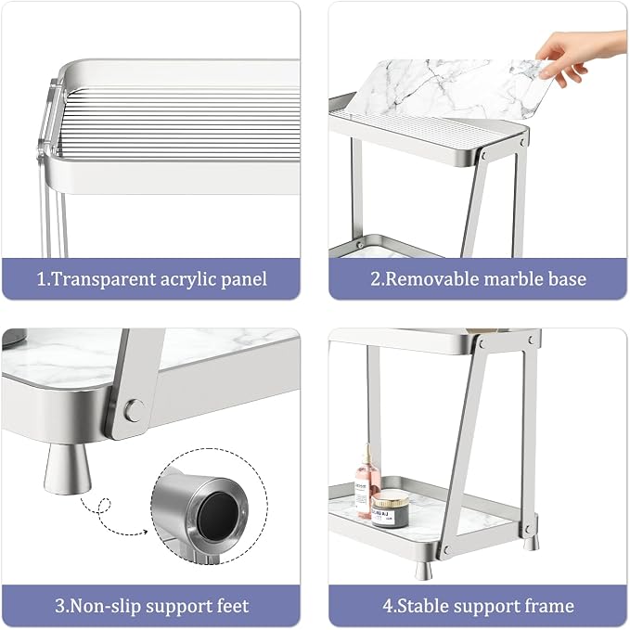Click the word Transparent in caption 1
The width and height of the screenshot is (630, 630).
[x=104, y=279]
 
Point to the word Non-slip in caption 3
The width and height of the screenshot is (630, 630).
[x=106, y=606]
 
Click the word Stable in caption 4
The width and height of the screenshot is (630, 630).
[x=423, y=606]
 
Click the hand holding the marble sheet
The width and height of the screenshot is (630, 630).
[x=579, y=57]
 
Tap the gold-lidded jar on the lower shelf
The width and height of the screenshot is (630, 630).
[x=390, y=510]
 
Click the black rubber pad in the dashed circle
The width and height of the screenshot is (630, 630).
[x=219, y=516]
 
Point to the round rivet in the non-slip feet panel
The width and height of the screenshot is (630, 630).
[x=135, y=410]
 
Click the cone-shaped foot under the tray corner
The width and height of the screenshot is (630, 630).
[x=67, y=468]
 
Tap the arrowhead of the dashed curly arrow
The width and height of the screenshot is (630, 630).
[x=144, y=533]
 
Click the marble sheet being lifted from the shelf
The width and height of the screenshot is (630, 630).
[x=450, y=88]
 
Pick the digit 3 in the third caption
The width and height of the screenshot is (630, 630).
[x=59, y=606]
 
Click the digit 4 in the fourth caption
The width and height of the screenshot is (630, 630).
[x=388, y=606]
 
